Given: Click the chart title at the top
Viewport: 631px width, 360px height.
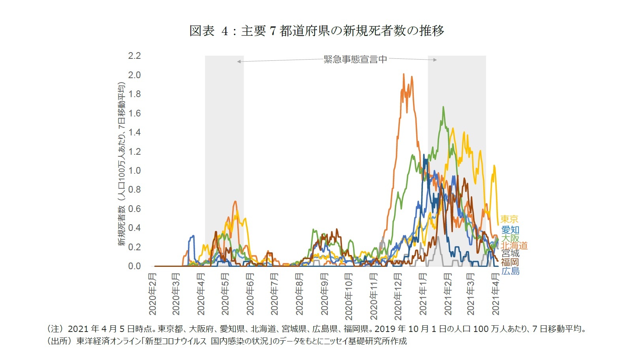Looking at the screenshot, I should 317,30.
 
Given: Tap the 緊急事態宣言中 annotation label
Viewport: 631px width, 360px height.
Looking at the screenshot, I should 355,59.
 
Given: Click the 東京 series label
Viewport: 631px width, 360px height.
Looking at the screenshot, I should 509,219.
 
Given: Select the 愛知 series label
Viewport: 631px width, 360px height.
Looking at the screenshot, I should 510,230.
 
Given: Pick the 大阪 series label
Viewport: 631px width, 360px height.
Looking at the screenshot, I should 510,238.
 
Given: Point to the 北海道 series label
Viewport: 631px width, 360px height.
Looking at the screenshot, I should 514,246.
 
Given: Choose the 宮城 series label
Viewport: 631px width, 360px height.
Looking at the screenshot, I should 510,253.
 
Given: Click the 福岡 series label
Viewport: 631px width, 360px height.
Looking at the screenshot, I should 510,262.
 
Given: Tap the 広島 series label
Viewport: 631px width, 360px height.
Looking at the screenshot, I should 510,271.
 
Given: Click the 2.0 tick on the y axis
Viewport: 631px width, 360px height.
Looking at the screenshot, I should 134,75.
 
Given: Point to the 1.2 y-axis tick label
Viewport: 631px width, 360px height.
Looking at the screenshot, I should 134,152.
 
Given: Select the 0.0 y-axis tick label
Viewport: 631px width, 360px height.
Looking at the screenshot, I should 134,266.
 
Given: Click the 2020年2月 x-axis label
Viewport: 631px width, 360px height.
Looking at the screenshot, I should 153,294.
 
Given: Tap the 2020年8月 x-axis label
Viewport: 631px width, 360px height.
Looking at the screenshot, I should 300,294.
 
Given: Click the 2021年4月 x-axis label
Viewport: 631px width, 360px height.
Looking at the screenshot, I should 496,294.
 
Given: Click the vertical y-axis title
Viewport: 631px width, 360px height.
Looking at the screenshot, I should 121,164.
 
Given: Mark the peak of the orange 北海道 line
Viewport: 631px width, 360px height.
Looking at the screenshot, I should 404,74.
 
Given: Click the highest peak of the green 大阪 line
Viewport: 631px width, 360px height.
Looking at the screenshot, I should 443,107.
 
